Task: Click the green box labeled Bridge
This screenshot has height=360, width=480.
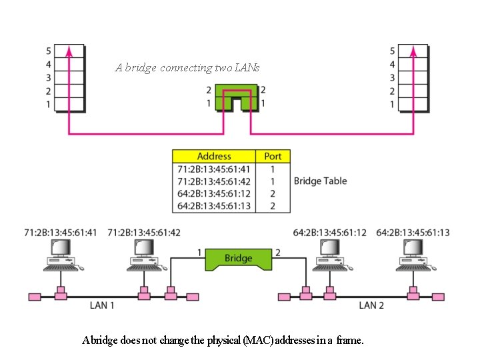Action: pos(238,259)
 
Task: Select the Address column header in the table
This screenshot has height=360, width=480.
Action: pos(214,156)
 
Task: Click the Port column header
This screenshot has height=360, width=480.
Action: pos(273,156)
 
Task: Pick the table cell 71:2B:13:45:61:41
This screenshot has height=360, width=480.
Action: pos(214,169)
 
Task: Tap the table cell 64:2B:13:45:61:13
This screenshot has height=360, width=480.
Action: pos(214,206)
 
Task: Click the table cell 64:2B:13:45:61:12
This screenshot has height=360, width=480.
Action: pos(214,194)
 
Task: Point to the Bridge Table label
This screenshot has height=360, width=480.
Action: pos(320,181)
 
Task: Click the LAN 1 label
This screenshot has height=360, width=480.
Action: pos(103,305)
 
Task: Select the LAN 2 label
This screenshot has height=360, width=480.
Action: pos(371,305)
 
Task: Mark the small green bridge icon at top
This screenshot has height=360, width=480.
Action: pos(236,97)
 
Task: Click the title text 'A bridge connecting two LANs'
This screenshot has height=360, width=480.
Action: pos(187,67)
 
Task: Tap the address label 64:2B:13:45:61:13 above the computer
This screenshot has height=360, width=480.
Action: pos(413,233)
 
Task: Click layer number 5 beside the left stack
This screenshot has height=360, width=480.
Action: pos(48,51)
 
